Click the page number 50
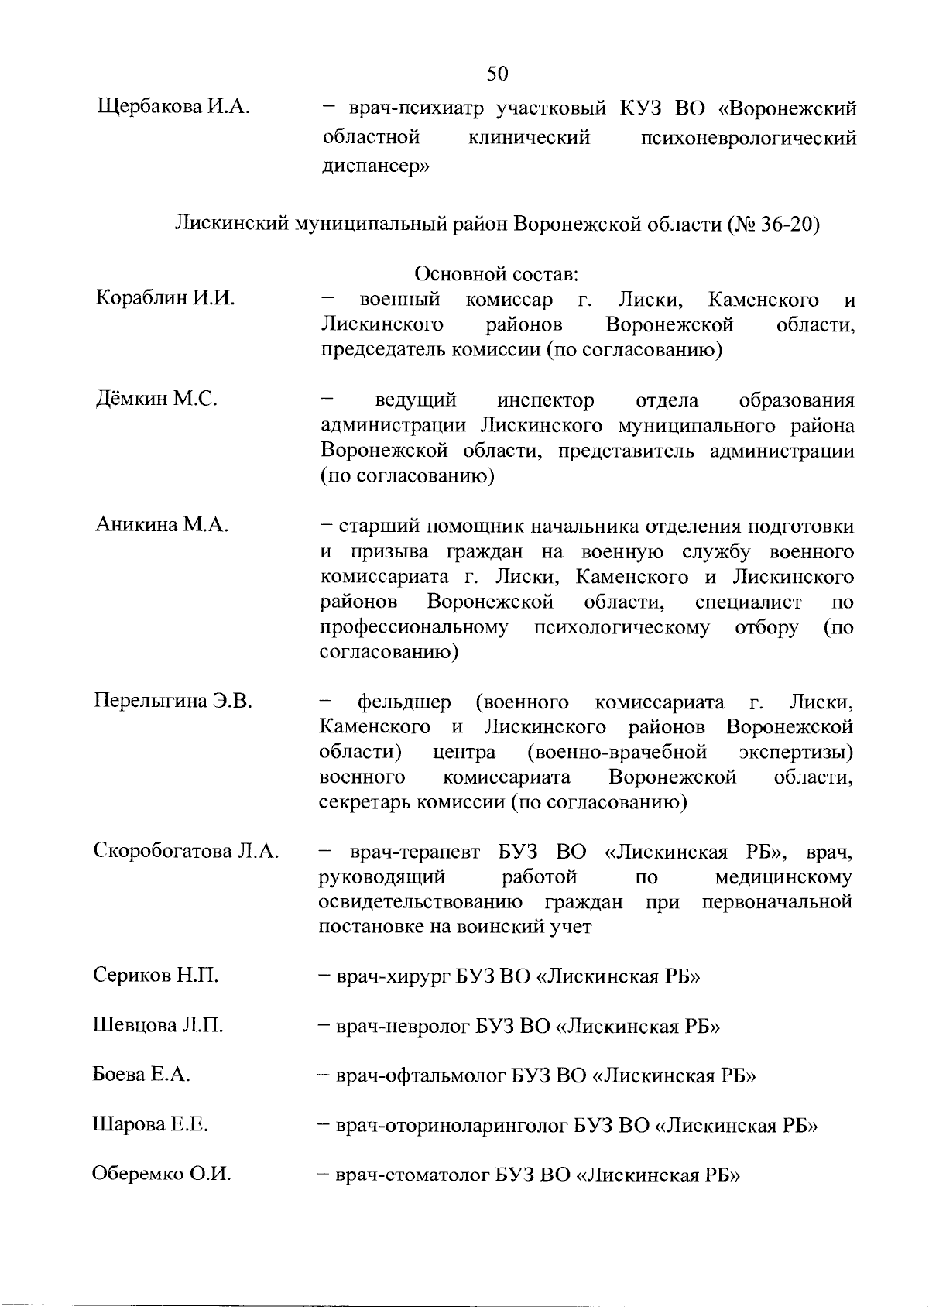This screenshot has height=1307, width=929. tap(498, 74)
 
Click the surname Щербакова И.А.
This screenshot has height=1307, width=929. tap(172, 107)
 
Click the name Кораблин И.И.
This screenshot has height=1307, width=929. tap(165, 298)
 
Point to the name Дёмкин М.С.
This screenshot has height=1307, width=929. tap(155, 400)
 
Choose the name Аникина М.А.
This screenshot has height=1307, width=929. tap(161, 525)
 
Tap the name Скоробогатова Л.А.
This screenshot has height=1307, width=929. tap(186, 851)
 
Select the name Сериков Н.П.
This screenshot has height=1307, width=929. tap(155, 976)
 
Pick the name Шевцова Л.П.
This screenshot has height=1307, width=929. tap(157, 1025)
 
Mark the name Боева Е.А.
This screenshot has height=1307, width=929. tap(141, 1075)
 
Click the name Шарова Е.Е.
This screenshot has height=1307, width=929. tap(149, 1124)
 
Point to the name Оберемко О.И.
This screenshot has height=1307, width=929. tap(162, 1175)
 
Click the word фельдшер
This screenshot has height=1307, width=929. tap(403, 702)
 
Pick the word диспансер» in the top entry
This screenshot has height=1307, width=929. tap(375, 165)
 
